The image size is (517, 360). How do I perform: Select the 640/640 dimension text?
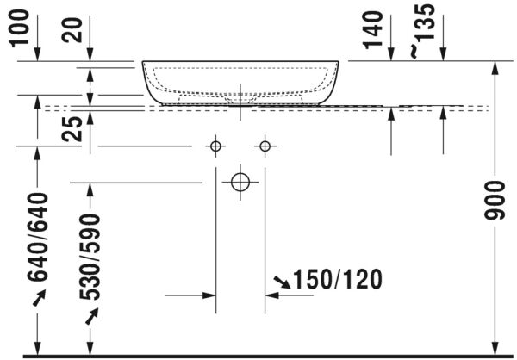click(x=37, y=238)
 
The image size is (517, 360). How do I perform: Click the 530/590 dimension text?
click(x=91, y=256)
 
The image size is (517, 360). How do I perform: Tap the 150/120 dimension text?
click(x=336, y=280)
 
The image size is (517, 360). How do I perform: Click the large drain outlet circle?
click(x=240, y=182)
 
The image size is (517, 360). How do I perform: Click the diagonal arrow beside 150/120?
click(x=282, y=281)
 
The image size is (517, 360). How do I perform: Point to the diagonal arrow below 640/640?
click(x=37, y=298)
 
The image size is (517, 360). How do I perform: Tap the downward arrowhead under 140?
click(x=391, y=54)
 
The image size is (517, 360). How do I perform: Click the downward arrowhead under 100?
click(x=37, y=54)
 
